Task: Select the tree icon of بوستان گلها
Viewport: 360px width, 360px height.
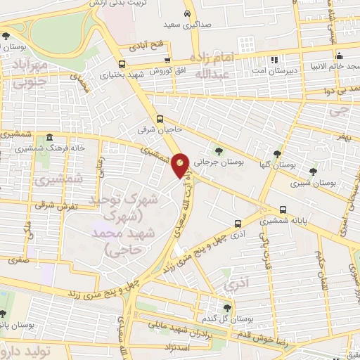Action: [278, 153]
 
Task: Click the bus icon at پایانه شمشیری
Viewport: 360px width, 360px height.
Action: [283, 210]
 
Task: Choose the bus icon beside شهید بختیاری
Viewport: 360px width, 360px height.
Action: [113, 73]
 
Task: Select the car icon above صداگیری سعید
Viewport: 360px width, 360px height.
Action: [186, 13]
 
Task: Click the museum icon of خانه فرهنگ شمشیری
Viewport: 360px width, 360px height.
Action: [49, 138]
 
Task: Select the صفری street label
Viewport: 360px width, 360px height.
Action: [19, 259]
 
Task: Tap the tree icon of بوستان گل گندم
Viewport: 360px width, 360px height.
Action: [226, 307]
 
